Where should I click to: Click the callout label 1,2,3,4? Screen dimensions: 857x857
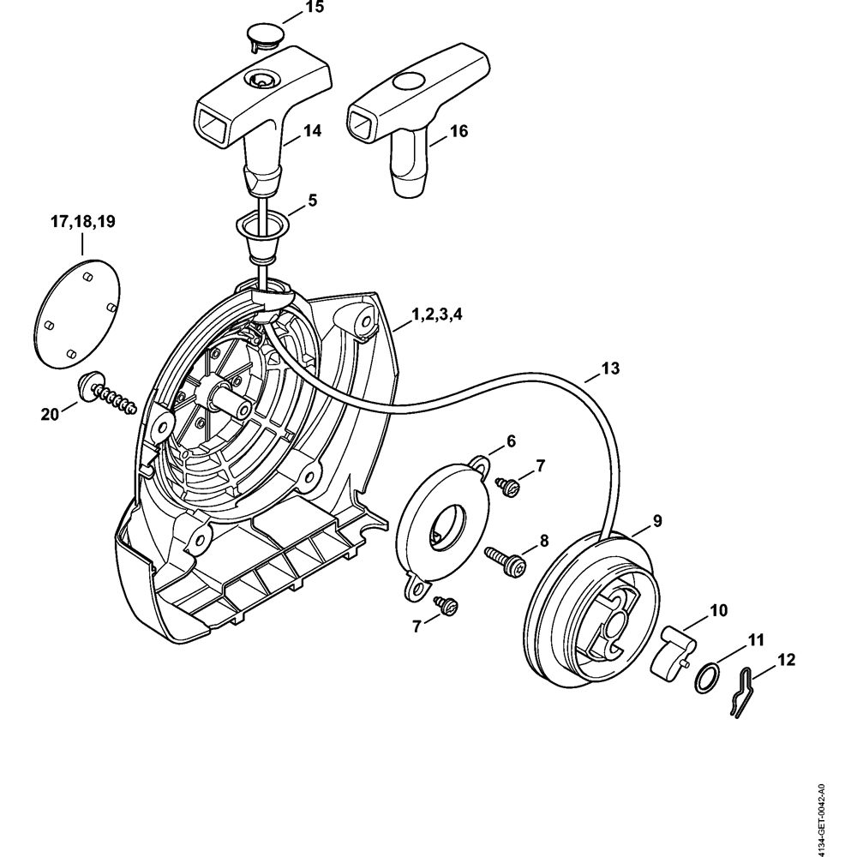(437, 315)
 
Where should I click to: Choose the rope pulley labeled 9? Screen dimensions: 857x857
(591, 600)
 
